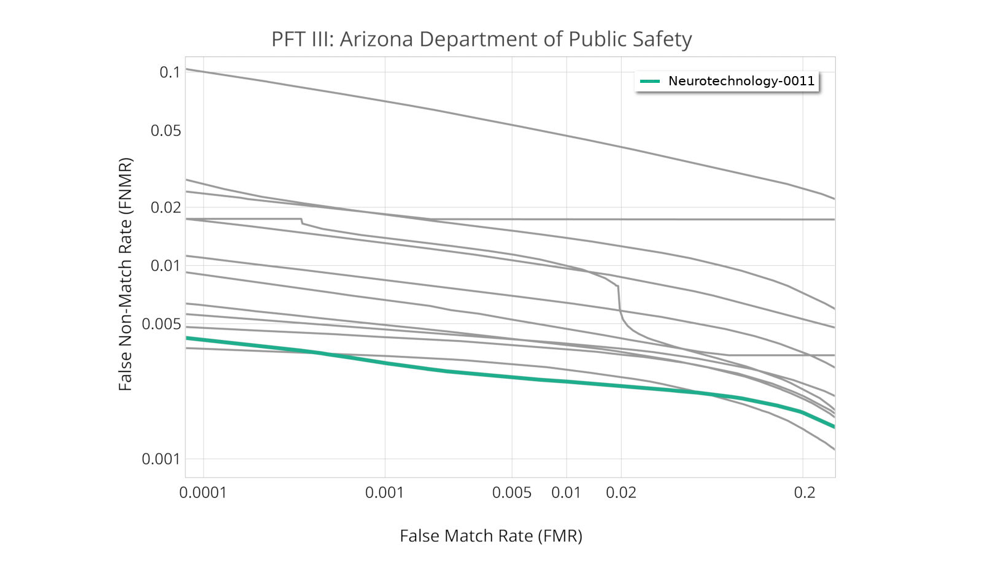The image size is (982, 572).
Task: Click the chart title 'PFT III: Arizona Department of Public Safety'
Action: point(481,39)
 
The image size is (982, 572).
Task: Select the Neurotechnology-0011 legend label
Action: point(741,81)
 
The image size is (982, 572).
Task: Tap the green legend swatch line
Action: point(649,81)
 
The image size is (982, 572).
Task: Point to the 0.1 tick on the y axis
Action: point(170,72)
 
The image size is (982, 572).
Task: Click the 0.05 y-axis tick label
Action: point(166,131)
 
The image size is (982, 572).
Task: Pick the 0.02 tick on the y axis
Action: point(166,207)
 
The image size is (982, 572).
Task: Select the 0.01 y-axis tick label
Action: point(166,266)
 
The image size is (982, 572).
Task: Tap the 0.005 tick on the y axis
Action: point(161,324)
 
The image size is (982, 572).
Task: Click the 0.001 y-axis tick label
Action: point(161,459)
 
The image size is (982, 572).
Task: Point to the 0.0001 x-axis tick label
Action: point(203,493)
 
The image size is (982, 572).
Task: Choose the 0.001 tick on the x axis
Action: point(385,493)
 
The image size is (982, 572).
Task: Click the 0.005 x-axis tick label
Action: point(512,493)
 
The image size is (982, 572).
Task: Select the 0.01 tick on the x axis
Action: point(566,493)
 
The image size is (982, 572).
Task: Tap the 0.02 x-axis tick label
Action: point(621,493)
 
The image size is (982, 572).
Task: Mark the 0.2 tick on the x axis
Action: point(804,493)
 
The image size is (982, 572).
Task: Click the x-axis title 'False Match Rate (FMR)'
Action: point(491,536)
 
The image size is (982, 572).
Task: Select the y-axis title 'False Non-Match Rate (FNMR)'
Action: point(125,274)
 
